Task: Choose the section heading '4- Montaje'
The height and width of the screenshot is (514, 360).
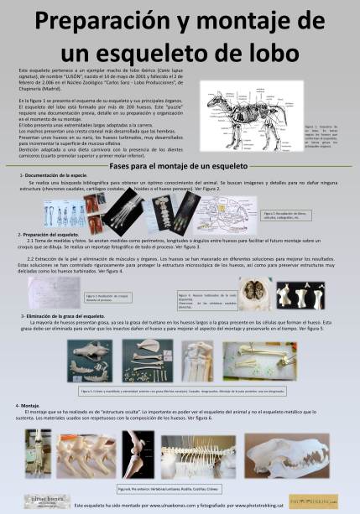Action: point(29,405)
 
